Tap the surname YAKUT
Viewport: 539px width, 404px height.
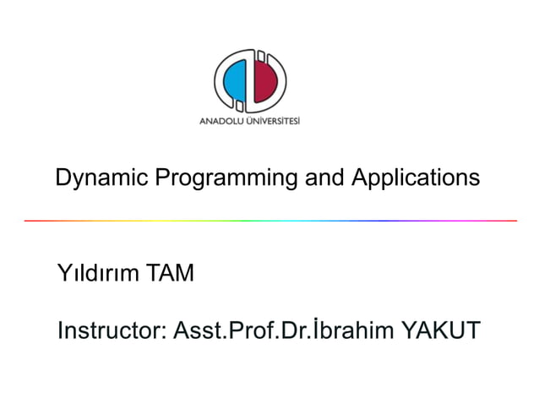[439, 330]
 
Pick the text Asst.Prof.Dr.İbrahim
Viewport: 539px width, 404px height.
[283, 330]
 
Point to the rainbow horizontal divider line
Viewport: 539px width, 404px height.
[270, 221]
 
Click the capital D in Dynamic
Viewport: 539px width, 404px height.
[62, 178]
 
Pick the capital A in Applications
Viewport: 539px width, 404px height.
[358, 178]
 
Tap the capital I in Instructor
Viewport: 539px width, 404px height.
[60, 330]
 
